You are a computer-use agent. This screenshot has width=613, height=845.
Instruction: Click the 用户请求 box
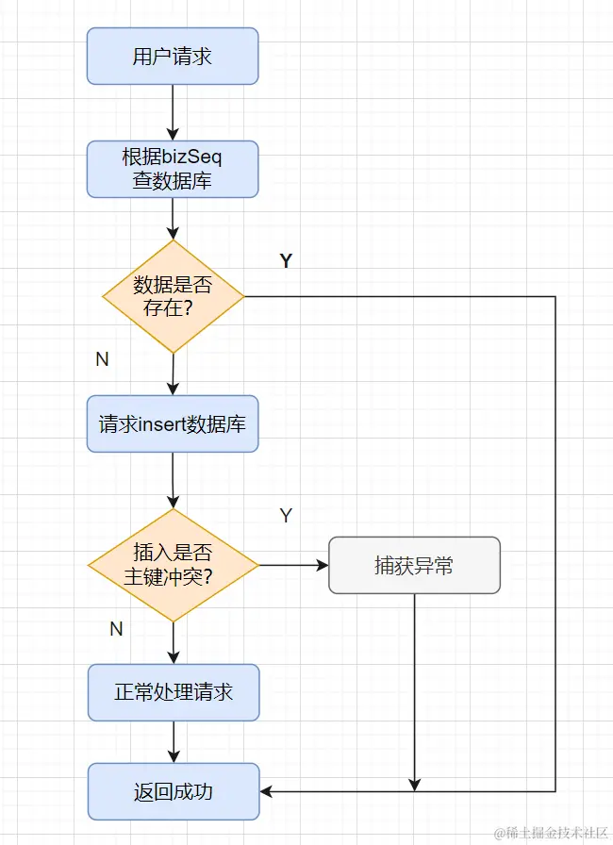[x=173, y=56]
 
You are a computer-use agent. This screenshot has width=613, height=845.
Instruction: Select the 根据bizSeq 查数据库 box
[x=173, y=170]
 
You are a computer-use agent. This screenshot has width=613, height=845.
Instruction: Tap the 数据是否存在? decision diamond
[x=173, y=296]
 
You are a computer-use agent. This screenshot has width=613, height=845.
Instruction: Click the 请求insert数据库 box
[x=173, y=424]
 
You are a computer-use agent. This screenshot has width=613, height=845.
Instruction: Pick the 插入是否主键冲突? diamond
[x=173, y=566]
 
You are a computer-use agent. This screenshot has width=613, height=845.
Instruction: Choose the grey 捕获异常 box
[x=414, y=565]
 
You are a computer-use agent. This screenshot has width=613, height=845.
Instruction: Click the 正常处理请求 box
[x=173, y=692]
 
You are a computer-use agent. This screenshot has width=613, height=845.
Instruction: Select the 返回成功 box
[x=173, y=791]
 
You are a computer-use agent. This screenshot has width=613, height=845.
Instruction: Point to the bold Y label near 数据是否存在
[x=286, y=261]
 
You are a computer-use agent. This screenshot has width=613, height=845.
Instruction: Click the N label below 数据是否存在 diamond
[x=102, y=359]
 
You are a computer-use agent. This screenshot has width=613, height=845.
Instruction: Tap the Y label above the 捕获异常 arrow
[x=286, y=516]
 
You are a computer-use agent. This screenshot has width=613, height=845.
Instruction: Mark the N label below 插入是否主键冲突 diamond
[x=116, y=629]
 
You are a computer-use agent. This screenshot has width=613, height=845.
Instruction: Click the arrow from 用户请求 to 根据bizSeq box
[x=173, y=112]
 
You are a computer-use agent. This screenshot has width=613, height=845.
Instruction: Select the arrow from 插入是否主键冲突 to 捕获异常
[x=293, y=566]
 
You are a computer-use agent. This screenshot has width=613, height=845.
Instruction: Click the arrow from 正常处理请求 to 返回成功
[x=173, y=741]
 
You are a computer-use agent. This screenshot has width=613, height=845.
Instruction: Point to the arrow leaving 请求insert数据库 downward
[x=173, y=481]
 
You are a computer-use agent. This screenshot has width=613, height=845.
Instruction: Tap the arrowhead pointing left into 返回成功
[x=267, y=791]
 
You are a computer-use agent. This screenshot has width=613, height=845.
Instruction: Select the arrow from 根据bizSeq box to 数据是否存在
[x=173, y=219]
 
